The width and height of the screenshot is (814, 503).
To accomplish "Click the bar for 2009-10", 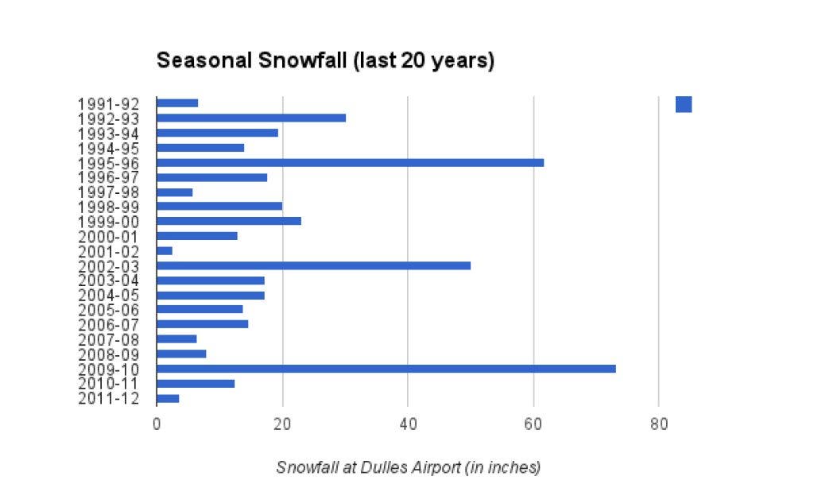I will point(386,369).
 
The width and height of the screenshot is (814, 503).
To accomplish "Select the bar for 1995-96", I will point(350,162).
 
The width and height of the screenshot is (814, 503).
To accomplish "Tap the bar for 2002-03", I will point(313,265).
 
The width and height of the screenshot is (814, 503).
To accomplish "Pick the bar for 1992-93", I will point(251,118).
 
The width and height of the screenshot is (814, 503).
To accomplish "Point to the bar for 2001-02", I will point(165,250).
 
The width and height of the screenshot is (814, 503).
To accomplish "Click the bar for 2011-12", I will point(168,398).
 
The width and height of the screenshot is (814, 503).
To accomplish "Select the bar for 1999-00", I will point(229,221).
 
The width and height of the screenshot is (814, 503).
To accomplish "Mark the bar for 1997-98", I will point(175,192).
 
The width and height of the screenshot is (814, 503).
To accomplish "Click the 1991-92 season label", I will point(108,104).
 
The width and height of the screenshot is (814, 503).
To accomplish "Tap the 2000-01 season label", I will point(108,237).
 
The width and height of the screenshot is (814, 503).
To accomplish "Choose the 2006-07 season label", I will point(108,325).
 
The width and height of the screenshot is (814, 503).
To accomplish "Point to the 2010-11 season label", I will point(108,384).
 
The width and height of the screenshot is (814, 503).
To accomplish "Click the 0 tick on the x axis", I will point(157,424).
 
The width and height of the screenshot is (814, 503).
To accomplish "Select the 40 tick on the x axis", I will point(408,424).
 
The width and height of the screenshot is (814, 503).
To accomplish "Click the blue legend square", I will point(684,104).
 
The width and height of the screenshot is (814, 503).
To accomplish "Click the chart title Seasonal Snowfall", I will point(325,61).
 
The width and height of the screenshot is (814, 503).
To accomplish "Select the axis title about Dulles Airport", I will point(408,467).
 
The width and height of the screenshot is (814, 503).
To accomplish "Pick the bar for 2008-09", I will point(181,354).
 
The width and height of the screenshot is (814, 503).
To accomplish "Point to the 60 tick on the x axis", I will point(533,424).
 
